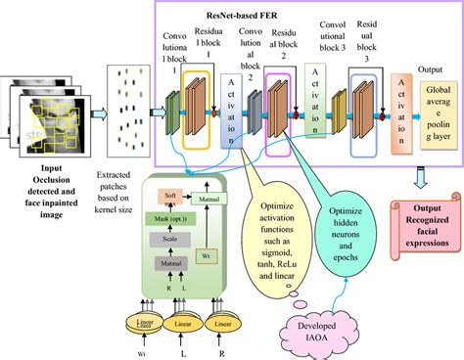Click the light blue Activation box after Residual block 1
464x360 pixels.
click(230, 113)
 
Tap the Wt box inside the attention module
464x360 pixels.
click(205, 256)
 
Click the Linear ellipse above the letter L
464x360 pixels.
click(181, 322)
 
